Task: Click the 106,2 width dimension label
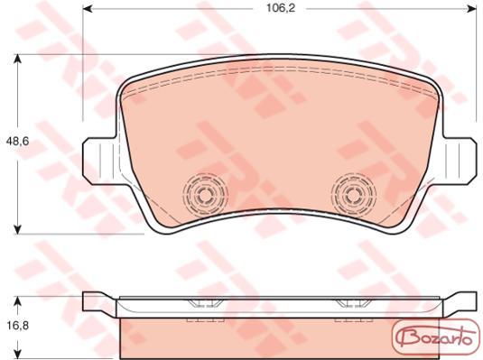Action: (281, 8)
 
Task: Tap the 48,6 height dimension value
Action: (18, 141)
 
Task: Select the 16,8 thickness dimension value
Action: (18, 325)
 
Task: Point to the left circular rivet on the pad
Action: (205, 194)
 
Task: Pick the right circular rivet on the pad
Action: (354, 194)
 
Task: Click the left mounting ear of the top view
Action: (100, 162)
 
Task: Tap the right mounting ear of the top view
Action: (460, 162)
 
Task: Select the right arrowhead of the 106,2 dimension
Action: (472, 8)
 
